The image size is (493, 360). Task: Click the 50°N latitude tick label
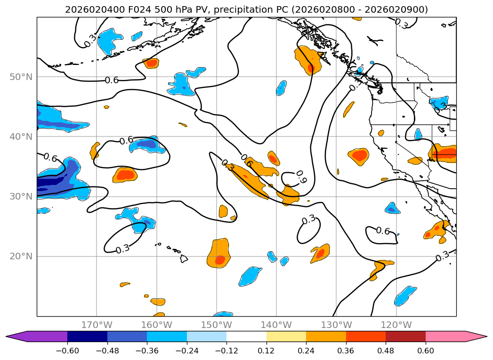click(21, 77)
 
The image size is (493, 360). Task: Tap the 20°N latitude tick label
click(21, 256)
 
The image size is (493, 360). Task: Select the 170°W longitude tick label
click(97, 325)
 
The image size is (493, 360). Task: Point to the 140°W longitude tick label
click(276, 325)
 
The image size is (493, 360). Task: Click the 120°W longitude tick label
click(396, 325)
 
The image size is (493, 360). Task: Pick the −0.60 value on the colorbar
click(67, 351)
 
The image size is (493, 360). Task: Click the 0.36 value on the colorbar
click(346, 351)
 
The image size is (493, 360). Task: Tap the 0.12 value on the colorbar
click(267, 351)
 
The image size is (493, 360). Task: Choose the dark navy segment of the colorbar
click(88, 336)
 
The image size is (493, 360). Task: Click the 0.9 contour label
click(301, 177)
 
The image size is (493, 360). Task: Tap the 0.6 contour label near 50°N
click(112, 80)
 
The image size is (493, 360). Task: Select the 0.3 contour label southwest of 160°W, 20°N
click(122, 249)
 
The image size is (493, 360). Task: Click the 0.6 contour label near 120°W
click(383, 231)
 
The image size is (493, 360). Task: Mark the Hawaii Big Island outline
click(184, 258)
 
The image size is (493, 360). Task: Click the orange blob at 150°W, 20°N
click(219, 253)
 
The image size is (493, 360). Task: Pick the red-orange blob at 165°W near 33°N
click(125, 175)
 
